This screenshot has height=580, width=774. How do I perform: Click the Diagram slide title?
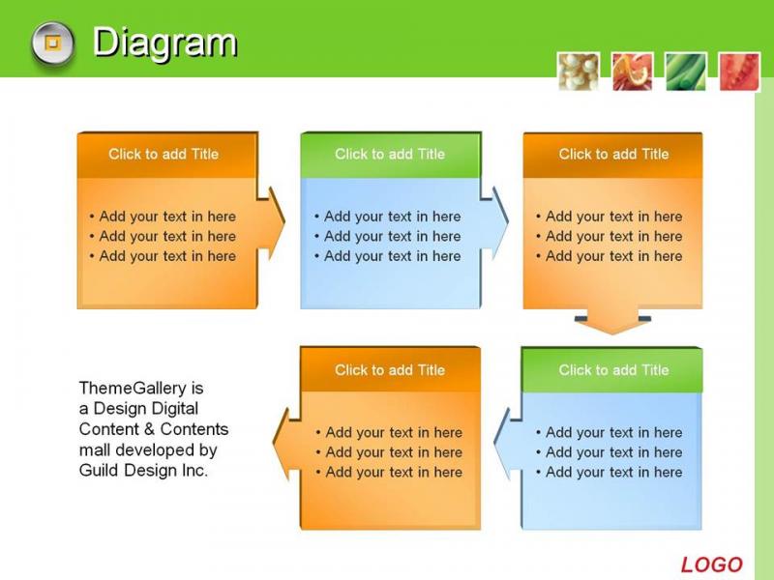click(x=164, y=43)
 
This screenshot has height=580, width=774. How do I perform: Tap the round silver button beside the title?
click(x=53, y=43)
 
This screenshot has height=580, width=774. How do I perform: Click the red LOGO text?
click(x=711, y=565)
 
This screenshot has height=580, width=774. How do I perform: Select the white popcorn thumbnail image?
click(x=579, y=72)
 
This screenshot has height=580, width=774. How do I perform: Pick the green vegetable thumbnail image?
click(x=686, y=72)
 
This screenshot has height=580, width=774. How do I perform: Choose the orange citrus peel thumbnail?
click(x=633, y=72)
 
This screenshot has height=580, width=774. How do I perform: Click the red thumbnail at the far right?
click(x=739, y=72)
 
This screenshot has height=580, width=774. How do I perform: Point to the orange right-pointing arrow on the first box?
click(x=272, y=223)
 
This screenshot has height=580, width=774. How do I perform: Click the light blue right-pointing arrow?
click(x=494, y=223)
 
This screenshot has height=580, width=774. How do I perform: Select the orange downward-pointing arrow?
click(x=612, y=322)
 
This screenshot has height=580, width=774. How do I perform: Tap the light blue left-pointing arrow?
click(x=507, y=445)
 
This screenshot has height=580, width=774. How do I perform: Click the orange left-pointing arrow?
click(x=286, y=445)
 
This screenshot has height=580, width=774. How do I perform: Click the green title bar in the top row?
click(x=391, y=155)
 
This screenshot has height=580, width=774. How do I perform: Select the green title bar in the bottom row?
click(x=612, y=370)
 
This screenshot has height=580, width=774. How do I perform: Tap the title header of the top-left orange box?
click(x=167, y=155)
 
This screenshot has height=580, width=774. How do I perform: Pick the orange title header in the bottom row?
click(x=391, y=370)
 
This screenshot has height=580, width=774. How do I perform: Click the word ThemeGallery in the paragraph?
click(x=133, y=389)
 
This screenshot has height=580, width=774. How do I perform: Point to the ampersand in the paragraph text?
click(x=150, y=429)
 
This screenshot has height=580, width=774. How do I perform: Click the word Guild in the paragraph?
click(x=100, y=470)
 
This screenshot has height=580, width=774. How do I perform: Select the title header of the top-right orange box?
click(x=613, y=155)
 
